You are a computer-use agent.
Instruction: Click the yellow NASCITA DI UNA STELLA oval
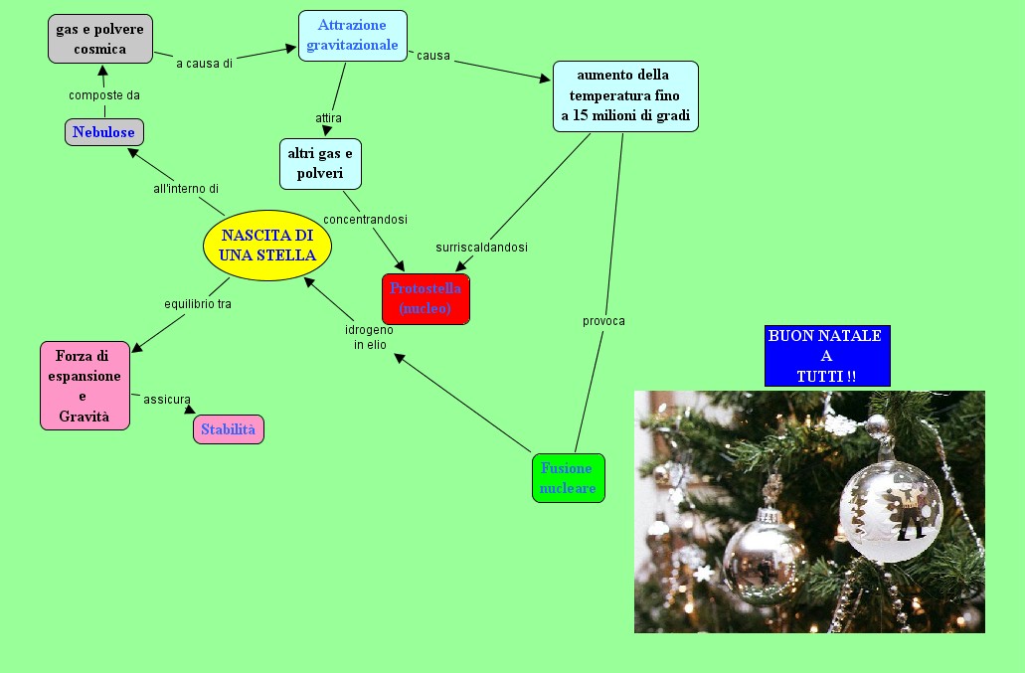267,245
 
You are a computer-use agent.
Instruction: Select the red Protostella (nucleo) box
426,299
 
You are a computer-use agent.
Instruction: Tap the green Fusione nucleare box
568,478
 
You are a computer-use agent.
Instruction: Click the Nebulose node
104,132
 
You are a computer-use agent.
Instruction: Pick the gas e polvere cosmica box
99,39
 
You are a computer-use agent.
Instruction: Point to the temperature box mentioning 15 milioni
625,96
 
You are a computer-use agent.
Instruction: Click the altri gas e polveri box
320,163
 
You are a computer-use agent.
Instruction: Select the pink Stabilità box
229,429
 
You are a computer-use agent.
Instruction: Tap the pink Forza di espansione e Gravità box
85,386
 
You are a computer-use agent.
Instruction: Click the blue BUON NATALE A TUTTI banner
826,356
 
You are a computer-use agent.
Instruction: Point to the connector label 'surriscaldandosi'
481,247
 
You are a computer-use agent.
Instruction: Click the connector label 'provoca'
603,321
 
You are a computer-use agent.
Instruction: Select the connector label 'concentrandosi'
365,219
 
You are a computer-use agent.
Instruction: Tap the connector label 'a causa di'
204,64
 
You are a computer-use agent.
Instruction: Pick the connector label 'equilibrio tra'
198,304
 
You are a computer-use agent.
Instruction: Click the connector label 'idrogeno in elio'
369,337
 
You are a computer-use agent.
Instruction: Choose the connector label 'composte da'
104,95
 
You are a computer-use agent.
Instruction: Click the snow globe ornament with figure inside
890,509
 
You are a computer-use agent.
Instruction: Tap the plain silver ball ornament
764,561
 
